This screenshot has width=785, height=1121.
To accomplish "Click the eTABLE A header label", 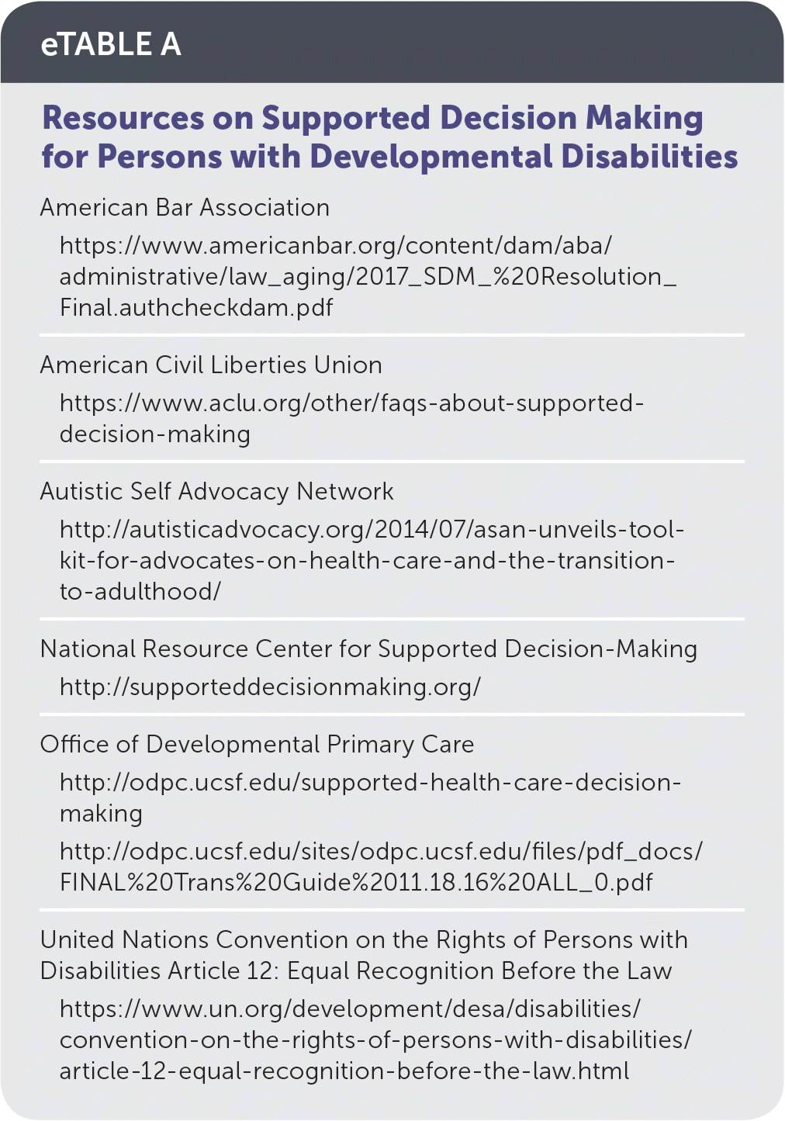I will click(111, 44).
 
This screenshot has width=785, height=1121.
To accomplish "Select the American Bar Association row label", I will click(185, 207).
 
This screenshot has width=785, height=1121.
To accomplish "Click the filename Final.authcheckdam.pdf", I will click(196, 307).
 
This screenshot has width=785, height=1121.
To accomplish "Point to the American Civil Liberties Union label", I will click(211, 365).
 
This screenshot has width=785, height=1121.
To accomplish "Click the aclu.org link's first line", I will click(351, 403).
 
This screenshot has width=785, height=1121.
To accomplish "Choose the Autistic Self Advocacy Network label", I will click(216, 491).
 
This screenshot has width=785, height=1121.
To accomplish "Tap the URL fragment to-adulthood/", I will click(140, 591).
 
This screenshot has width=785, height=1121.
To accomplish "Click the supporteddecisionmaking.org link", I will click(270, 687).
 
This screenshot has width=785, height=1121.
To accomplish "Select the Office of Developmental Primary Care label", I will click(257, 744).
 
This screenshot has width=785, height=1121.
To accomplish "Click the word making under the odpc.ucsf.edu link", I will click(102, 813).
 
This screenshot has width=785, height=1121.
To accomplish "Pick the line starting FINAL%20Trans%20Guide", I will click(356, 882).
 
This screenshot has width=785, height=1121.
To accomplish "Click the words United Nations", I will click(125, 939).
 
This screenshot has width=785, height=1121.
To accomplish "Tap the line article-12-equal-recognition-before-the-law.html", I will click(344, 1071).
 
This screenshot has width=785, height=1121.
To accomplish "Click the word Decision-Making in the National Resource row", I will click(600, 649).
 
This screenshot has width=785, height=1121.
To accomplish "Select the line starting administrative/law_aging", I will click(368, 276).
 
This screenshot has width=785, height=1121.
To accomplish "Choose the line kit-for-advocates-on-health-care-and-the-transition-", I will click(367, 560).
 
